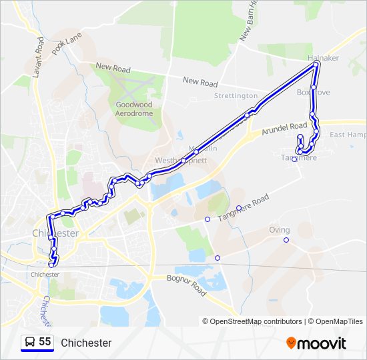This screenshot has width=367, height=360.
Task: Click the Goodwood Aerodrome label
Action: click(x=133, y=109)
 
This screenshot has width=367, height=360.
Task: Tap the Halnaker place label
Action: click(x=324, y=58)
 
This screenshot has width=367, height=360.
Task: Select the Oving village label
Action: click(x=280, y=230)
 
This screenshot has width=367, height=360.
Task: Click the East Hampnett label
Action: click(x=348, y=135)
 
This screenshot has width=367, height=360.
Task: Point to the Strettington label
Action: click(x=236, y=96)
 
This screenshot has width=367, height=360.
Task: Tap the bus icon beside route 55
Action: click(x=30, y=343)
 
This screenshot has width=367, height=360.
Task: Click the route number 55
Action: click(x=45, y=342)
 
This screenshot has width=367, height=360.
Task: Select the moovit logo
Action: click(x=316, y=343)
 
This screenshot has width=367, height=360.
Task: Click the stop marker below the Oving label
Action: click(x=286, y=240)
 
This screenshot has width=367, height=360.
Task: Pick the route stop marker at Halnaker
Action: click(x=316, y=65)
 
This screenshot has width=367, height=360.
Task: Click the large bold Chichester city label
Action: click(x=55, y=233)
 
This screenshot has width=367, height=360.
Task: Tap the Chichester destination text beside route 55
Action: click(x=86, y=343)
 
